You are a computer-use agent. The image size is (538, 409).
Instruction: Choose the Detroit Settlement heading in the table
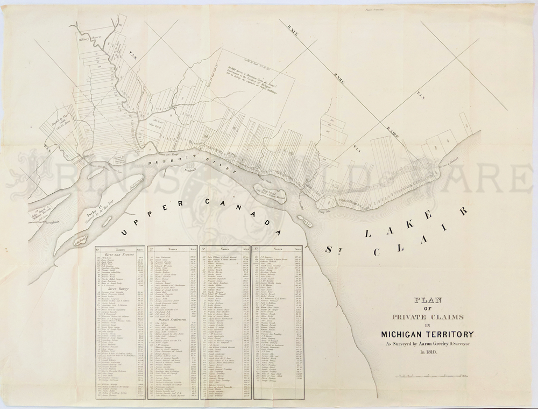pyautogui.click(x=172, y=319)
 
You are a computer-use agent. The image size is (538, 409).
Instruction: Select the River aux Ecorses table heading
pyautogui.click(x=118, y=255)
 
